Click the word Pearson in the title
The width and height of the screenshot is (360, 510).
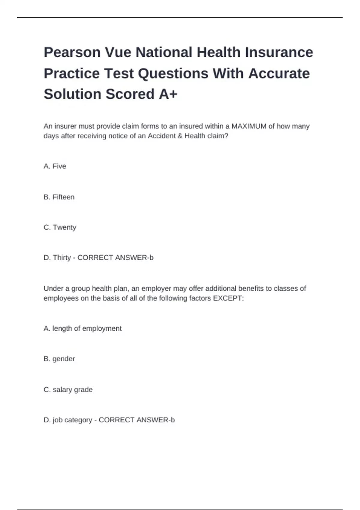72,52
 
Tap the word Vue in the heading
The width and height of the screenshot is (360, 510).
118,52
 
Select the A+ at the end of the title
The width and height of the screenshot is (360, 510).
168,94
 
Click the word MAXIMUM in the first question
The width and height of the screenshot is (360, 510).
249,126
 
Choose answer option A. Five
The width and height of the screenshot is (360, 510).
55,166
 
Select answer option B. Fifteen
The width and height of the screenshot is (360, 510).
59,197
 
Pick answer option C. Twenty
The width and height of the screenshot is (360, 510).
60,227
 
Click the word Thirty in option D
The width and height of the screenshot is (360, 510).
62,258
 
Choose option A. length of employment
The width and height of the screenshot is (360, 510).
82,328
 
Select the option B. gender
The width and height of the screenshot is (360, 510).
59,359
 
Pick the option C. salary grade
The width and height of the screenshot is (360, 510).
68,390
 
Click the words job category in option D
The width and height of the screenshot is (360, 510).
72,420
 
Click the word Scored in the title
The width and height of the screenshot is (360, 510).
130,94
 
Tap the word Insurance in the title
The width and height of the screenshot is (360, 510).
279,52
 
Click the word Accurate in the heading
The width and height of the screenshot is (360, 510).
279,73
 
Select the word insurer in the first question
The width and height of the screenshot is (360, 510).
66,126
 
